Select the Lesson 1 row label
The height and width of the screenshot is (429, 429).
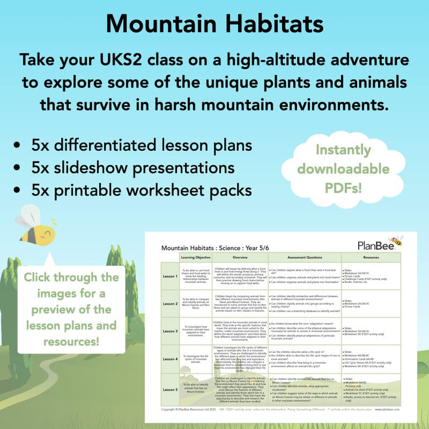tap(170, 276)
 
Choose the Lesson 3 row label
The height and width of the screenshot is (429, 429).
tap(170, 331)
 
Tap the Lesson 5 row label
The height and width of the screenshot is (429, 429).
tap(170, 389)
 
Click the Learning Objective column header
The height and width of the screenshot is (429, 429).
tap(195, 257)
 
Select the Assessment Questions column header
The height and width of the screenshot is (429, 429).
tap(303, 257)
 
